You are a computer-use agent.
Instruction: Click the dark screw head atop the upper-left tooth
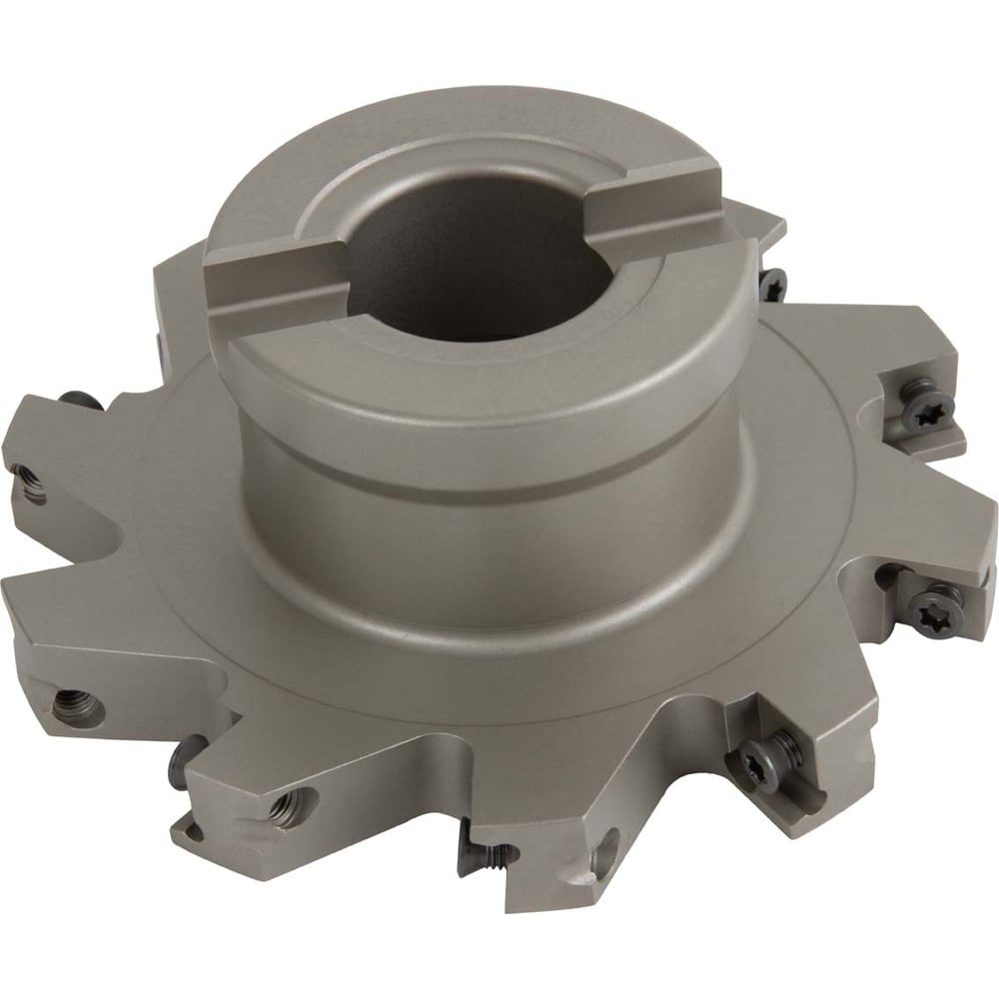[80, 400]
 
